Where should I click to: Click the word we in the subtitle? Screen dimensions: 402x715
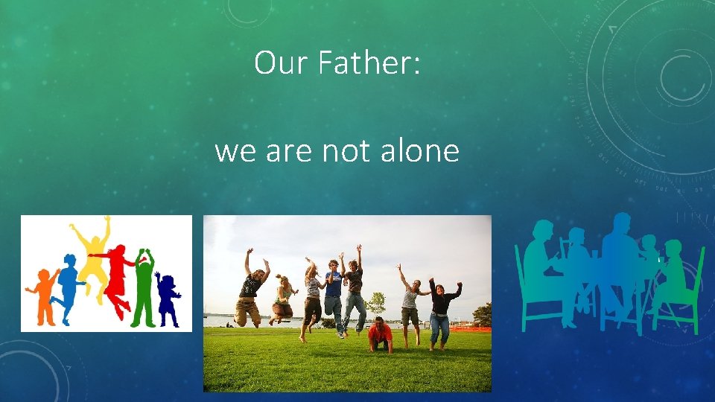(x=236, y=152)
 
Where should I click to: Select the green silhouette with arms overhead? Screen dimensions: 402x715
(x=143, y=287)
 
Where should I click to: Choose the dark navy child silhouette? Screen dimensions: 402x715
(x=167, y=298)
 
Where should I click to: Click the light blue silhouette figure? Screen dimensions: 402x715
(x=69, y=287)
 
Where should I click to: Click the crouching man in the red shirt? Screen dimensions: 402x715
(x=380, y=335)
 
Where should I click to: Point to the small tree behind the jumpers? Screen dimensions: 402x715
(x=377, y=301)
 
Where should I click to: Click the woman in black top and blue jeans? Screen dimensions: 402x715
(x=441, y=309)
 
